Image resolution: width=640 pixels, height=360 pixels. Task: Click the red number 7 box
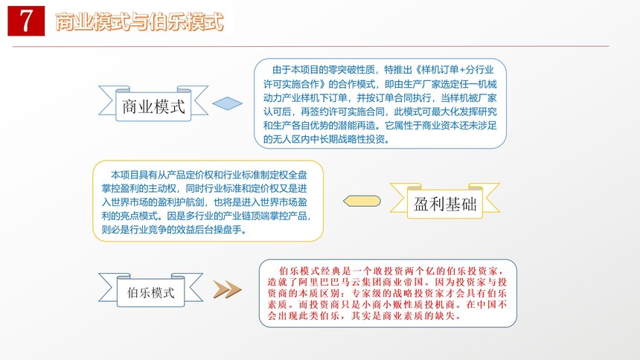tap(26, 21)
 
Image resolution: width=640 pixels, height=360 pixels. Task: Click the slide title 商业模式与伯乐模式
tap(139, 22)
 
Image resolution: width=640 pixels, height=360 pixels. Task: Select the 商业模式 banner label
tap(153, 106)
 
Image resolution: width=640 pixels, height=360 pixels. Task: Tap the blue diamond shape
tap(227, 103)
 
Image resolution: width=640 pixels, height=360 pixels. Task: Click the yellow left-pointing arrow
tap(362, 201)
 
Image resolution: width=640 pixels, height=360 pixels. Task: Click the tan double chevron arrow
tap(227, 289)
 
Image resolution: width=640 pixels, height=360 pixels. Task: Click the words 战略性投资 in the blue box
tap(361, 139)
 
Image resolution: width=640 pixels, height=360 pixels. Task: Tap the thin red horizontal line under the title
tap(310, 46)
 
